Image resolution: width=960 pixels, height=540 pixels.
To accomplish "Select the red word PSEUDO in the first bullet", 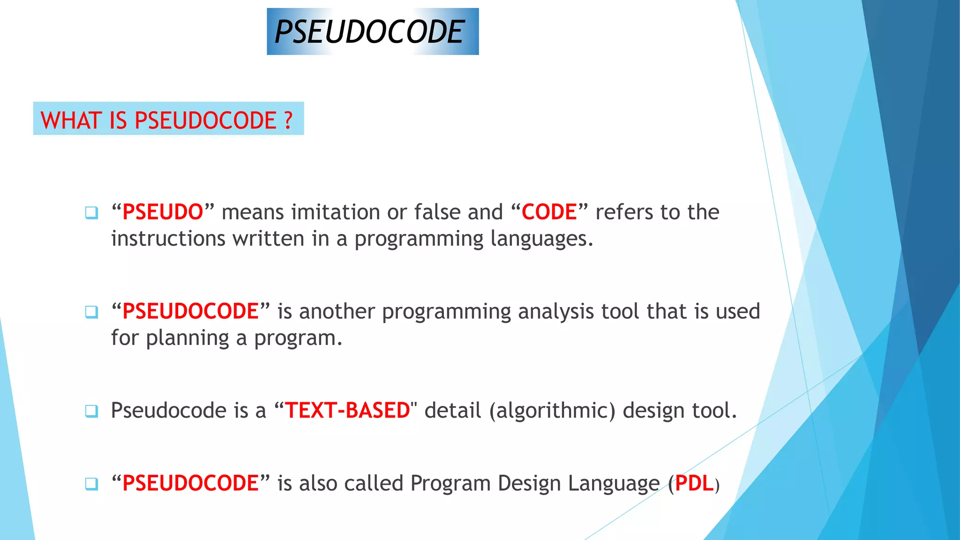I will pyautogui.click(x=163, y=212).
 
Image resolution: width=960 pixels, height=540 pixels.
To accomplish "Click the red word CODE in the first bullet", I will pyautogui.click(x=549, y=212).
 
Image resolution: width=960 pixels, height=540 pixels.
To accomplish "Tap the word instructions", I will pyautogui.click(x=168, y=239).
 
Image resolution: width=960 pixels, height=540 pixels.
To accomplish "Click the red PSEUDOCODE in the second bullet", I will pyautogui.click(x=190, y=312).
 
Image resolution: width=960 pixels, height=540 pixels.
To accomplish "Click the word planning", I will pyautogui.click(x=187, y=338).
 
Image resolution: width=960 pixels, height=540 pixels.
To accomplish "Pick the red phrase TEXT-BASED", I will pyautogui.click(x=347, y=411).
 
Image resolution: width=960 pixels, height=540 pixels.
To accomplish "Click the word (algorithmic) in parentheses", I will pyautogui.click(x=552, y=411).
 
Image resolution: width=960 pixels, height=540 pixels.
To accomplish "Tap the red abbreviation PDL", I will pyautogui.click(x=694, y=484).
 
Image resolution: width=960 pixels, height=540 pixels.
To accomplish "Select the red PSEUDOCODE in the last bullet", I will pyautogui.click(x=190, y=484).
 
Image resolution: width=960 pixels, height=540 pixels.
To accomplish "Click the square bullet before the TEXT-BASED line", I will pyautogui.click(x=91, y=411).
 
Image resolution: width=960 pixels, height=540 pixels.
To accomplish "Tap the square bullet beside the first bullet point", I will pyautogui.click(x=91, y=213).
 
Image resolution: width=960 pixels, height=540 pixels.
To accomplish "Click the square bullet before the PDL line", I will pyautogui.click(x=91, y=484).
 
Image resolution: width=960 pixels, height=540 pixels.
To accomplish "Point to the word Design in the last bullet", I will pyautogui.click(x=529, y=484).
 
